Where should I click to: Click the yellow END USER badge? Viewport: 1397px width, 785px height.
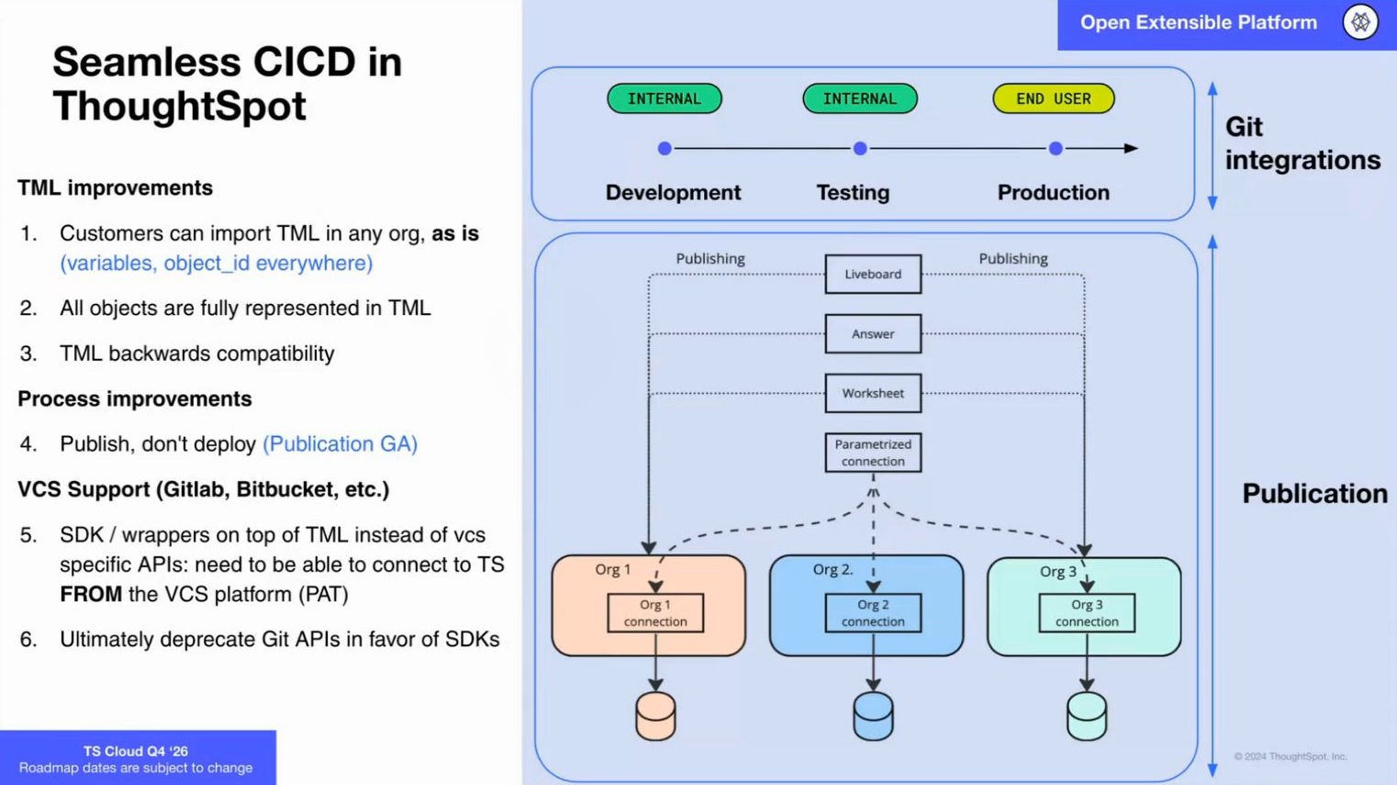pyautogui.click(x=1053, y=98)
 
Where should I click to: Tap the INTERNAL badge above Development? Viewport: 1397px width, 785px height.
pyautogui.click(x=665, y=98)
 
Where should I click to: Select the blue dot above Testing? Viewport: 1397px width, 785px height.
pyautogui.click(x=860, y=149)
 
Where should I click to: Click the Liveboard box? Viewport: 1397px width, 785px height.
pyautogui.click(x=873, y=275)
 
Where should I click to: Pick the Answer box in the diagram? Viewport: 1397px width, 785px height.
pyautogui.click(x=873, y=334)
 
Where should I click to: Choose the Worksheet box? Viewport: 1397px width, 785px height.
pyautogui.click(x=873, y=393)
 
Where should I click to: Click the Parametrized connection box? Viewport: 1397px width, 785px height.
pyautogui.click(x=873, y=453)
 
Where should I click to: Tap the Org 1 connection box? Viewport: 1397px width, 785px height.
pyautogui.click(x=655, y=613)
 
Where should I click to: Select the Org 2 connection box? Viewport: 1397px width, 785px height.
pyautogui.click(x=873, y=613)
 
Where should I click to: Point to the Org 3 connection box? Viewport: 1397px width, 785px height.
pyautogui.click(x=1087, y=613)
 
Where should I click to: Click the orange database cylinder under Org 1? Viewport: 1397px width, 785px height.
pyautogui.click(x=655, y=717)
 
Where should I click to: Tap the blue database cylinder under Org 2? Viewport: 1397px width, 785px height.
pyautogui.click(x=873, y=717)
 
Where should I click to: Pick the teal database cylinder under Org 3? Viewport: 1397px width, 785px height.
pyautogui.click(x=1087, y=717)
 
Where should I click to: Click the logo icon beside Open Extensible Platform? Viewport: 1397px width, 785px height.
pyautogui.click(x=1360, y=22)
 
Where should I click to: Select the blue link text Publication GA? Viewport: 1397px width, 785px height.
pyautogui.click(x=340, y=444)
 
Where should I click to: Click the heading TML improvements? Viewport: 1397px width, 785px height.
pyautogui.click(x=115, y=188)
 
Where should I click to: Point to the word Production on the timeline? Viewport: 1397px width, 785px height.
pyautogui.click(x=1053, y=193)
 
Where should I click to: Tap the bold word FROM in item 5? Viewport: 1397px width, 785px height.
pyautogui.click(x=91, y=595)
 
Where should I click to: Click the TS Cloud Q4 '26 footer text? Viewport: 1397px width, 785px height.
pyautogui.click(x=136, y=751)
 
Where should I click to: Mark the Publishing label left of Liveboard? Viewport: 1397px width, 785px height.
pyautogui.click(x=710, y=259)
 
